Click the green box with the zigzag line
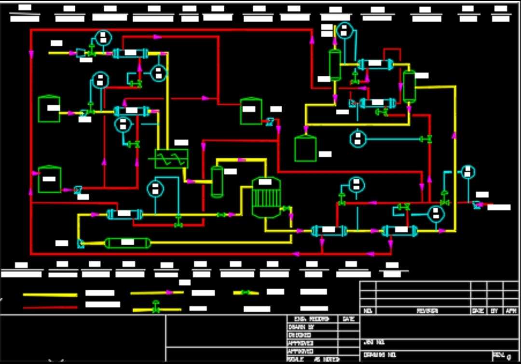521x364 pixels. click(x=171, y=158)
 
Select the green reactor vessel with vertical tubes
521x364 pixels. click(x=266, y=197)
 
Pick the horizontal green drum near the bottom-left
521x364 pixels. click(x=128, y=242)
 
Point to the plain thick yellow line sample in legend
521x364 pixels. click(x=50, y=294)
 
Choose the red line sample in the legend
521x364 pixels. click(x=50, y=307)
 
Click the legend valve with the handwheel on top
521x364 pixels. click(x=155, y=308)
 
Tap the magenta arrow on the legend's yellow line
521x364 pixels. click(x=168, y=292)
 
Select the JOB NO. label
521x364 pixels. click(x=374, y=342)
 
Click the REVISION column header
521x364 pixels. click(x=427, y=311)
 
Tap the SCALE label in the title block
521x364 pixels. click(x=295, y=360)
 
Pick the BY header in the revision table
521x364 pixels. click(x=494, y=311)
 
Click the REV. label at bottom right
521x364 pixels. click(x=498, y=355)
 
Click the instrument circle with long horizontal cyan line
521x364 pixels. click(x=357, y=139)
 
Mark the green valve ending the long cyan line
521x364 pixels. click(x=425, y=139)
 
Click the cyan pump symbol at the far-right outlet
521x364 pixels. click(x=477, y=205)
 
